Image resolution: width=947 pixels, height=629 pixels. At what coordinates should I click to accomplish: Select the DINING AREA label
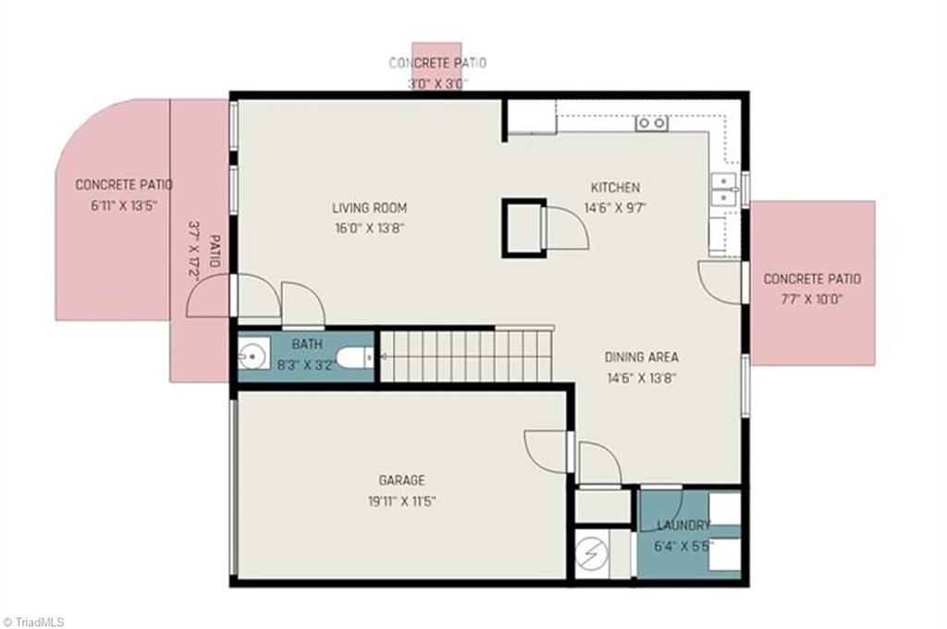[641, 357]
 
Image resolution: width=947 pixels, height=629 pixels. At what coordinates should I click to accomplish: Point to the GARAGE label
[401, 480]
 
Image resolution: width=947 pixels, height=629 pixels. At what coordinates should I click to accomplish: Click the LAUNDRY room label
[683, 525]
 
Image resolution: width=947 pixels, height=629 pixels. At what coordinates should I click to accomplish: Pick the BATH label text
[307, 344]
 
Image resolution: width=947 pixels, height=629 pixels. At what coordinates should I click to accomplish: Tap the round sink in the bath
[252, 355]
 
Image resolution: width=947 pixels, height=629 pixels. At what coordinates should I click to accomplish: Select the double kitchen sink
[723, 189]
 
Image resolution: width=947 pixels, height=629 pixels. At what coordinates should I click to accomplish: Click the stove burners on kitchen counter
[651, 122]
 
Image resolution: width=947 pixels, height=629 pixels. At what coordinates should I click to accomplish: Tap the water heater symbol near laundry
[590, 553]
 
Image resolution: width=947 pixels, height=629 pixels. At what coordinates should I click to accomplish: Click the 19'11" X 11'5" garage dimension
[401, 501]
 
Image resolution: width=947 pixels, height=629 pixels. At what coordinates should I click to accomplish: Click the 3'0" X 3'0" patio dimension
[437, 83]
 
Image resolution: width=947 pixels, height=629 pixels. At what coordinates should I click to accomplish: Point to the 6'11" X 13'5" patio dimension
[124, 205]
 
